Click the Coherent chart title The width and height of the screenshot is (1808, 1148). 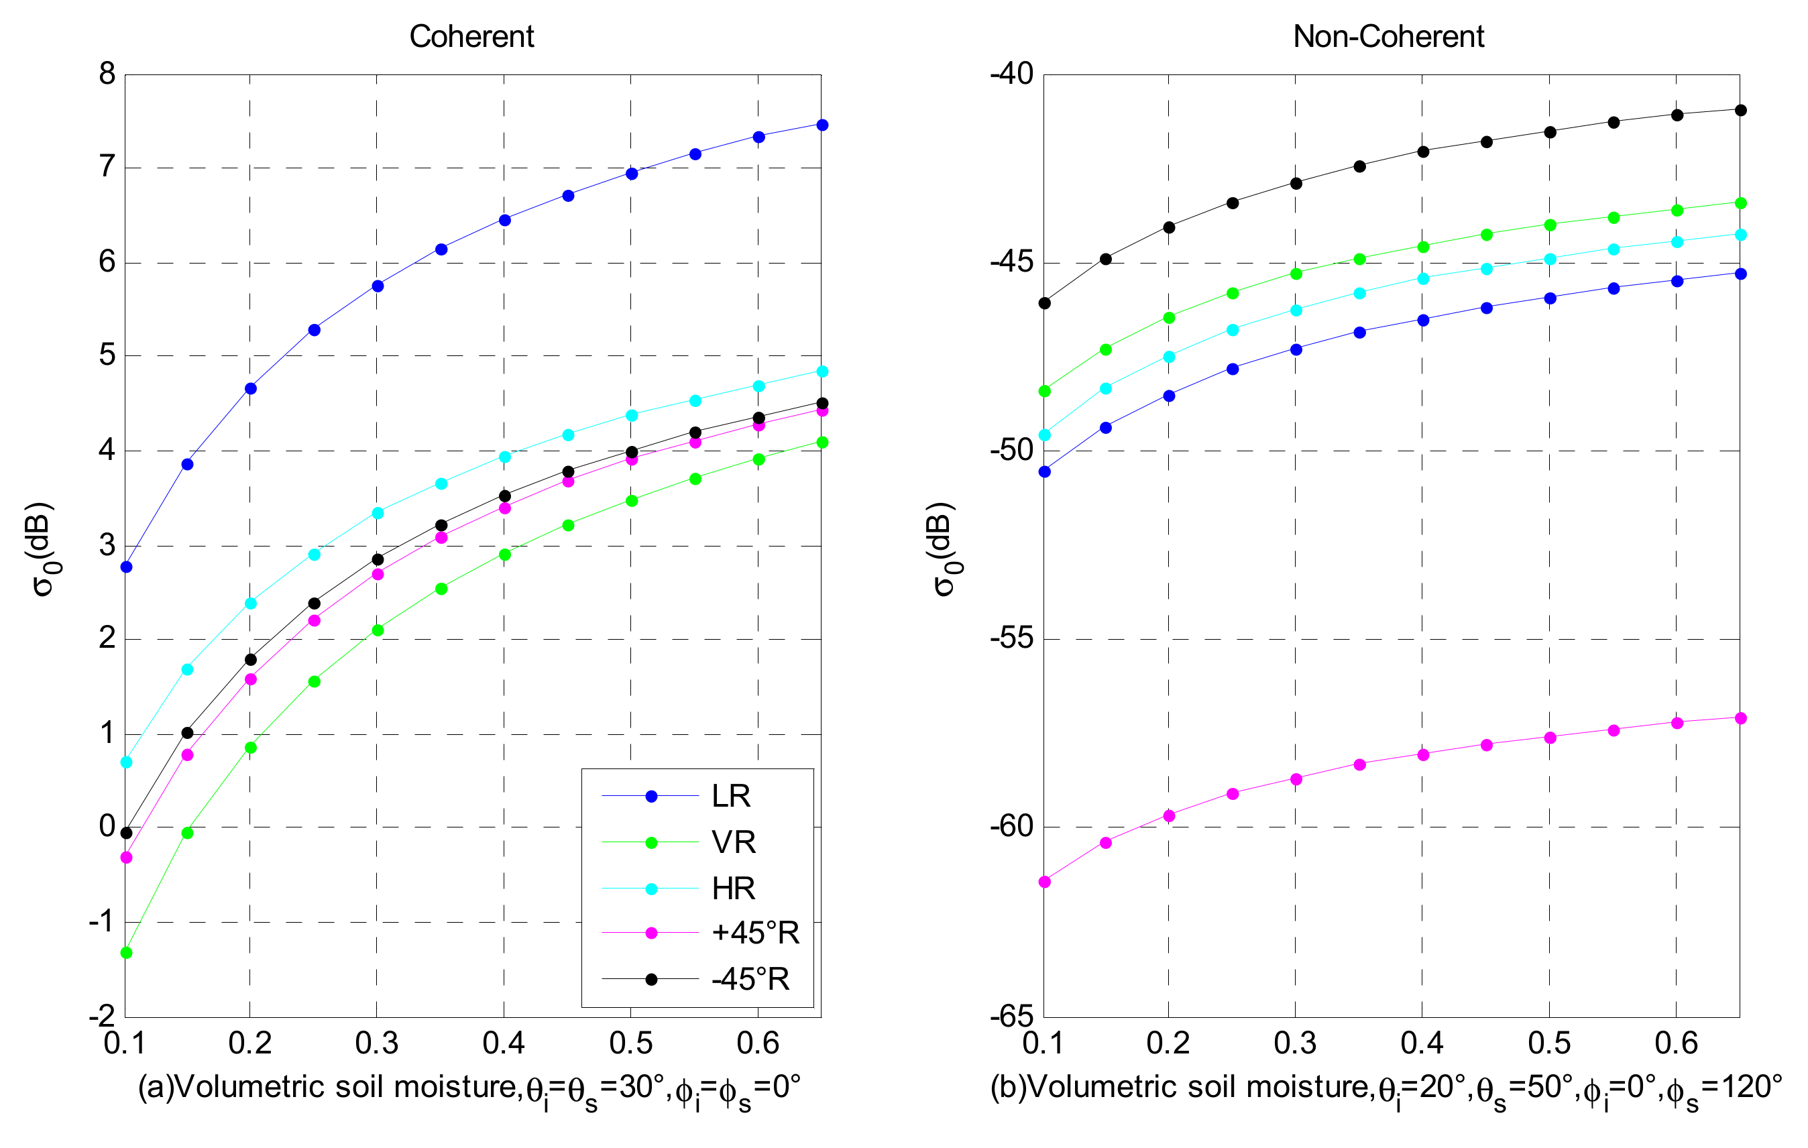coord(471,37)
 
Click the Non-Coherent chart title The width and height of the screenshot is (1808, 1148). coord(1388,37)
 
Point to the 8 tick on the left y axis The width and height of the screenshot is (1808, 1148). coord(107,74)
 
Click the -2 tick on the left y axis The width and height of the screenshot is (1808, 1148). coord(102,1017)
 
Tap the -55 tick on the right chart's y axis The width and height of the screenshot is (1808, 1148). coord(1011,640)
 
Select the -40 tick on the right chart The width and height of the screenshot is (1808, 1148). coord(1011,74)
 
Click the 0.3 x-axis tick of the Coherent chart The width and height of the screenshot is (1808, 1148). coord(377,1043)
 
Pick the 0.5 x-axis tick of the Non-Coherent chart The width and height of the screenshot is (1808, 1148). coord(1549,1043)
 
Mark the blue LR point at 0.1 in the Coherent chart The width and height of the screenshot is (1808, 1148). coord(126,567)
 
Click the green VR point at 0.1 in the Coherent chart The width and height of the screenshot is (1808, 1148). coord(126,953)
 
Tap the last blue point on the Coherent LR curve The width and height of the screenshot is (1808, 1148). coord(822,125)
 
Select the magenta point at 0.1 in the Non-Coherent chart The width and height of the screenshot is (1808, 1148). coord(1044,882)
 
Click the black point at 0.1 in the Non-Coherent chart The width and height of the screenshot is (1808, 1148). coord(1044,303)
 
